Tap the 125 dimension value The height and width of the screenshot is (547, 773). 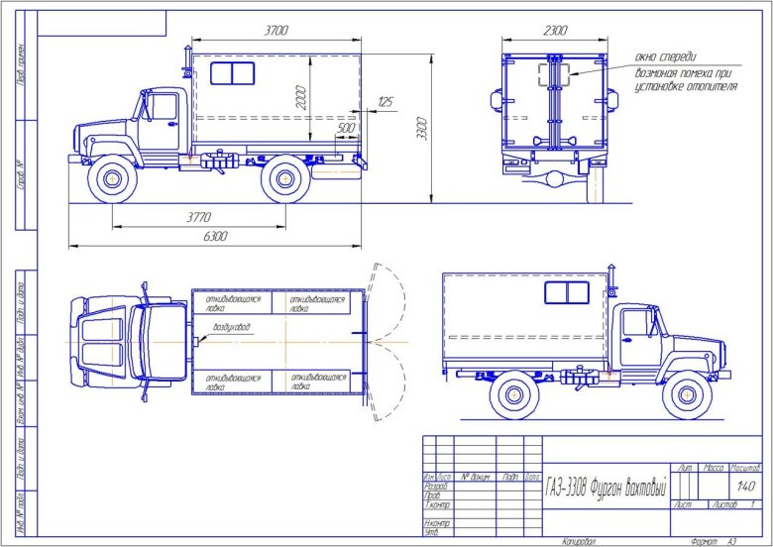[x=385, y=102]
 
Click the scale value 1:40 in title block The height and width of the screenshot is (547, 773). [x=746, y=487]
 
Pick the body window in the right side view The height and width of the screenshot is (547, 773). [x=566, y=291]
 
